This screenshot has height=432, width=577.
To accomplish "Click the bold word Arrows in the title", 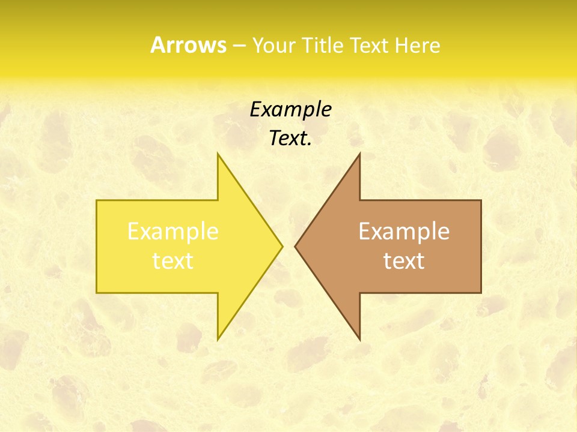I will coord(188,45).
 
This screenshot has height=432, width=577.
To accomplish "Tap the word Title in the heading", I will coord(320,45).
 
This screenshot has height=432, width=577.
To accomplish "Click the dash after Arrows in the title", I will coord(239,46).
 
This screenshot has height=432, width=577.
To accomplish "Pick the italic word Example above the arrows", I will coord(291,110).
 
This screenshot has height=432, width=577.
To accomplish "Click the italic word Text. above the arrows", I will coord(291,139).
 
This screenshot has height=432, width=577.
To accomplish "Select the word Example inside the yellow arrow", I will coord(173,232).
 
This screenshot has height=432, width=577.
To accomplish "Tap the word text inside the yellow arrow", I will coord(173,261).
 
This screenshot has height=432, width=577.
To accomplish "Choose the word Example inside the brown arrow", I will coord(404,232).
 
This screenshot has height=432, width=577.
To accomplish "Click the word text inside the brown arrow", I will coord(404,261).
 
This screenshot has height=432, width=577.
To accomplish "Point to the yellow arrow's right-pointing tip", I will coord(282,246).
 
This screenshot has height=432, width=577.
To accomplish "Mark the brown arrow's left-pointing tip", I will coord(295,246).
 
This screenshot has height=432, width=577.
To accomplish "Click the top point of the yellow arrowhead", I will coord(218,154).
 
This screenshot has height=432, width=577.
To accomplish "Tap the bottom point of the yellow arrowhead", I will coord(218,340).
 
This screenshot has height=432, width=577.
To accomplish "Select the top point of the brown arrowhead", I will coord(359,154).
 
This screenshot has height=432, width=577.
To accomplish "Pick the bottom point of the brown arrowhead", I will coord(359,340).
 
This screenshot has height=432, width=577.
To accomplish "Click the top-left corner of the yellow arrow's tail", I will coord(97,200).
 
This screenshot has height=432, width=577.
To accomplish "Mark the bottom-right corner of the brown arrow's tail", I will coord(481,293).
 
